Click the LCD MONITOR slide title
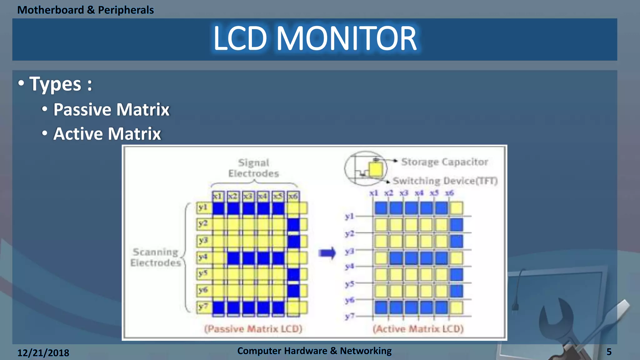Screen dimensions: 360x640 [x=315, y=39]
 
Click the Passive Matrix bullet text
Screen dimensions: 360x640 [x=111, y=110]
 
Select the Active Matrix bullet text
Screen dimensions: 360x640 [x=107, y=134]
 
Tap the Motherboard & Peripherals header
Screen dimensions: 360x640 [x=85, y=10]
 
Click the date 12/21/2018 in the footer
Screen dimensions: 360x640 [x=43, y=353]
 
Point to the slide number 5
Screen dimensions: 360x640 [x=609, y=352]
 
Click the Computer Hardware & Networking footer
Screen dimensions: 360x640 [x=314, y=351]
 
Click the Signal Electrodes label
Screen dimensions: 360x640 [x=253, y=168]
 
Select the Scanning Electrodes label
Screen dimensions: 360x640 [x=155, y=257]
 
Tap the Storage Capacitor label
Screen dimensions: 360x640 [x=444, y=162]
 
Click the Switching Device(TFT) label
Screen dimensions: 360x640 [x=445, y=181]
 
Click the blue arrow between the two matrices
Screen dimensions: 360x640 [x=327, y=253]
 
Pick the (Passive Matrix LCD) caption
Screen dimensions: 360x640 [x=253, y=329]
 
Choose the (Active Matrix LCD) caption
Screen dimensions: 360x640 [x=418, y=329]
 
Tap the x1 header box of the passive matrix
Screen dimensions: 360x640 [x=217, y=196]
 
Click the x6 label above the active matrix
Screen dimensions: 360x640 [x=449, y=193]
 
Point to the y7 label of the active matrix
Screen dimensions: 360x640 [x=349, y=316]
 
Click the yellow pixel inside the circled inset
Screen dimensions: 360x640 [x=376, y=170]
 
